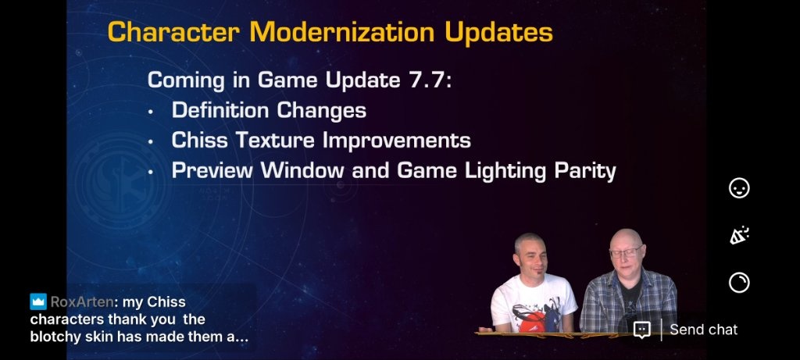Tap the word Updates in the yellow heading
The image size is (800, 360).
click(x=498, y=33)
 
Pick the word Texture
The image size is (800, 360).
click(x=274, y=141)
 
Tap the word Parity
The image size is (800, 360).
click(x=586, y=171)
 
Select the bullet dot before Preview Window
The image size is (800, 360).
click(x=151, y=173)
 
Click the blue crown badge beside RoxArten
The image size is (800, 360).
click(x=38, y=302)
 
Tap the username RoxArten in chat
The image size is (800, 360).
click(x=82, y=302)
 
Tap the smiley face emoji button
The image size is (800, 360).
click(x=739, y=188)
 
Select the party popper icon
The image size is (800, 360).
click(x=739, y=235)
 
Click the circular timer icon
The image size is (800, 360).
click(x=739, y=282)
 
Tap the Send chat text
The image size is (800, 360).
click(x=704, y=330)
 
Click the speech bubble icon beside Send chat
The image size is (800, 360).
click(x=642, y=330)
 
